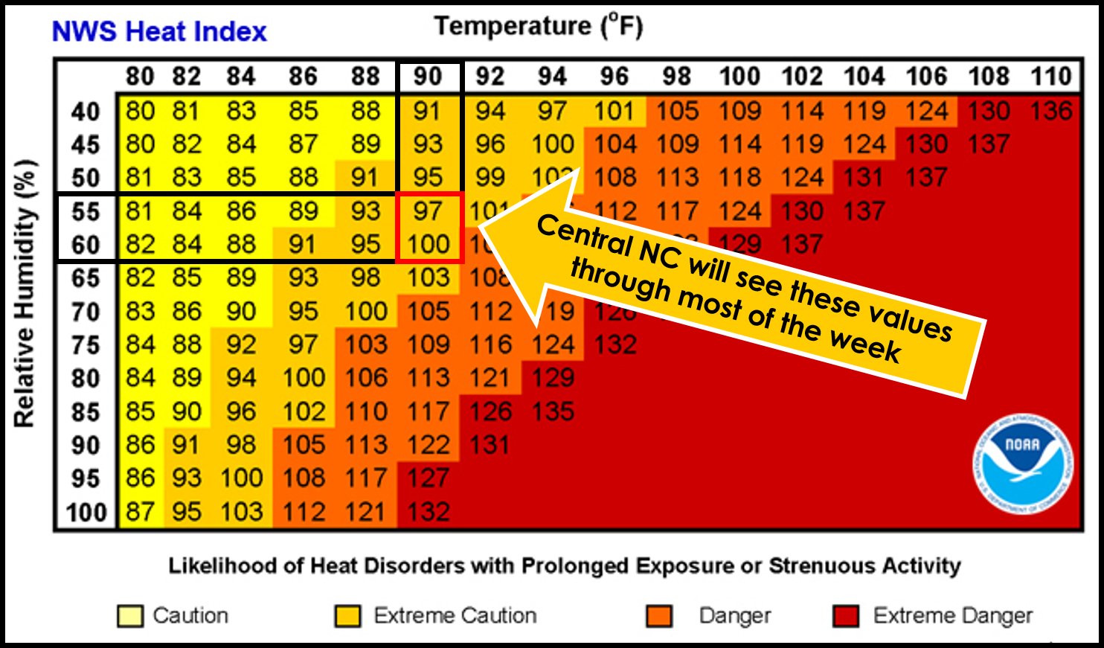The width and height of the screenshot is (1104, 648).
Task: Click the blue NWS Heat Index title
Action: (159, 31)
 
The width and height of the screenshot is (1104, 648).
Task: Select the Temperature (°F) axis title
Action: (539, 26)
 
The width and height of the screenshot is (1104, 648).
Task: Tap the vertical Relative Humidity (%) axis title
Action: (25, 293)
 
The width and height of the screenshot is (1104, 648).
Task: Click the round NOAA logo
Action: (1023, 463)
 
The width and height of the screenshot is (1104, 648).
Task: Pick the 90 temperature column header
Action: (428, 77)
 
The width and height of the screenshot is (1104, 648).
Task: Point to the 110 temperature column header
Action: (1050, 77)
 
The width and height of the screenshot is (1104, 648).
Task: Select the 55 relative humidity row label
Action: (86, 211)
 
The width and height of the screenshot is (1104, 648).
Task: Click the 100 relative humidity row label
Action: (86, 513)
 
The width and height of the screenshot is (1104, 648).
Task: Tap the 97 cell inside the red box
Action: (428, 211)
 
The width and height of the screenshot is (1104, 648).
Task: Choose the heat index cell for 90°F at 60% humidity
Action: (428, 245)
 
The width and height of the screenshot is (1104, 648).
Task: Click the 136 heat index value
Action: (1050, 111)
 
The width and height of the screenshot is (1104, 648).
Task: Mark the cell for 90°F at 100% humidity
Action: (428, 513)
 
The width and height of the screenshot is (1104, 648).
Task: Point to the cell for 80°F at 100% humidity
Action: (140, 513)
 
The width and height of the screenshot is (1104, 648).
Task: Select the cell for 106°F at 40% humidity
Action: (926, 111)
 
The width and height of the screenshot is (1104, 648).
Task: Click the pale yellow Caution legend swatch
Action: (130, 617)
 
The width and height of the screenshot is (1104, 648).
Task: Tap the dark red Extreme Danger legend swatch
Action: (846, 617)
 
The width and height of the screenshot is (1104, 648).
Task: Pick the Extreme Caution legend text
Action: (455, 616)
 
